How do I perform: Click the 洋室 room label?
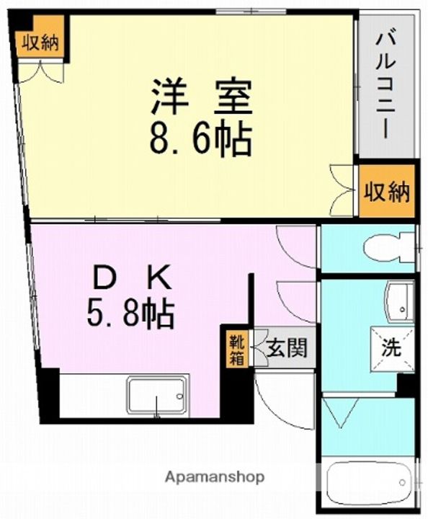(x=201, y=99)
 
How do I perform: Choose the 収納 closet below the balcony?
(x=386, y=192)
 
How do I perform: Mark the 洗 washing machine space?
(x=391, y=350)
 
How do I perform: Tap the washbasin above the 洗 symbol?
(x=398, y=301)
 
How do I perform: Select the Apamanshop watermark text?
(x=215, y=477)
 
